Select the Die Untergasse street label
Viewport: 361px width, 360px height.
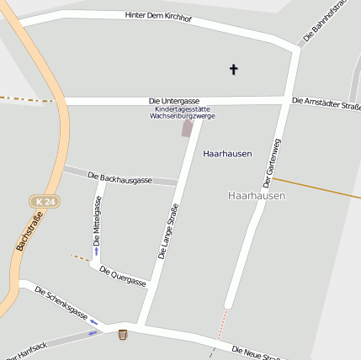[174, 101]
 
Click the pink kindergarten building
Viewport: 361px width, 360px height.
[187, 128]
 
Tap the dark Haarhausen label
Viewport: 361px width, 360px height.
[228, 154]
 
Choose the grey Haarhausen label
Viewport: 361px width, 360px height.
[257, 195]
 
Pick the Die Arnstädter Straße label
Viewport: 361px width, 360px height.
[326, 103]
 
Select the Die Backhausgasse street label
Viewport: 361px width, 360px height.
[119, 178]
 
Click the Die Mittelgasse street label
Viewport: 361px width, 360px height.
[98, 220]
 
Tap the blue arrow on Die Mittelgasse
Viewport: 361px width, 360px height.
[96, 251]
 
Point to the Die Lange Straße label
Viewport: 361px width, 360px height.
[168, 231]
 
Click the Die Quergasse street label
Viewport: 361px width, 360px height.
[123, 276]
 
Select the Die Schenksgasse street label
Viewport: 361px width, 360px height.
[61, 303]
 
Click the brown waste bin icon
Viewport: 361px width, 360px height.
[123, 335]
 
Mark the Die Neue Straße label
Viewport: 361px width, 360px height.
[256, 353]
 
